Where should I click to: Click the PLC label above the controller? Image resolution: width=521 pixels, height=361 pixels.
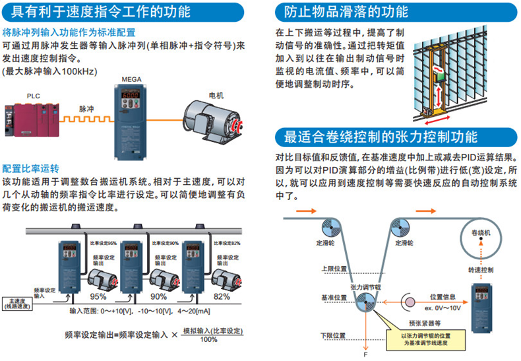coord(33,96)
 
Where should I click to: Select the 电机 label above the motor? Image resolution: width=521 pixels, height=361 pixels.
coord(216,94)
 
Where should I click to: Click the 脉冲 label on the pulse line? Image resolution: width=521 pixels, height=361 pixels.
coord(87,109)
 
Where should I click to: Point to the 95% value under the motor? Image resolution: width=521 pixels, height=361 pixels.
coord(99,296)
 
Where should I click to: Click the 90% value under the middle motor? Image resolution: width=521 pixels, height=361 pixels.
coord(158,296)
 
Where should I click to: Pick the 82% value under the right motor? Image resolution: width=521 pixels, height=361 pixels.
coord(222,296)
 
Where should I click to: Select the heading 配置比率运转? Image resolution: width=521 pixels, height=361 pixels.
coord(31,168)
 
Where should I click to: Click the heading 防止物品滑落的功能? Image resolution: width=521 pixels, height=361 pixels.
coord(346,12)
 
